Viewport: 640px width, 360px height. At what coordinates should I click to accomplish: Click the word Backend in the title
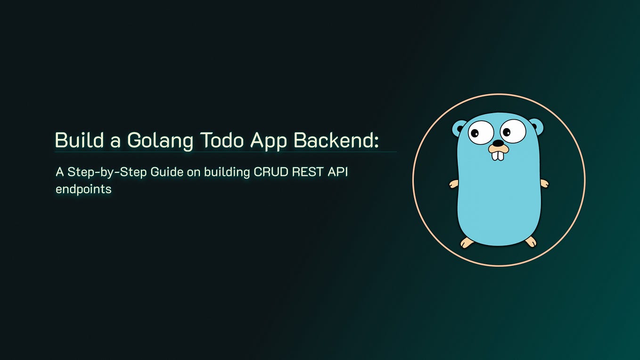tap(333, 140)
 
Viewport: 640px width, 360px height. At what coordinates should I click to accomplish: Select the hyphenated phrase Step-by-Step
tap(107, 172)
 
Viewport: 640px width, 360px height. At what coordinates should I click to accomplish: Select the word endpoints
tap(83, 189)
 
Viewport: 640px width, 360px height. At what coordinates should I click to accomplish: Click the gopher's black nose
tap(498, 143)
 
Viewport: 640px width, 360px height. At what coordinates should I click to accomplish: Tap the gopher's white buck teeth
tap(498, 155)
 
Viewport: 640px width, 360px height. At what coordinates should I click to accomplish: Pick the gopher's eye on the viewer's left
tap(481, 132)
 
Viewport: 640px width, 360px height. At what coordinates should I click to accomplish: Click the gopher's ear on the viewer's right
tap(536, 126)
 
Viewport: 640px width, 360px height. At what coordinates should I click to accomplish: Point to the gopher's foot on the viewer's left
tap(467, 242)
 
